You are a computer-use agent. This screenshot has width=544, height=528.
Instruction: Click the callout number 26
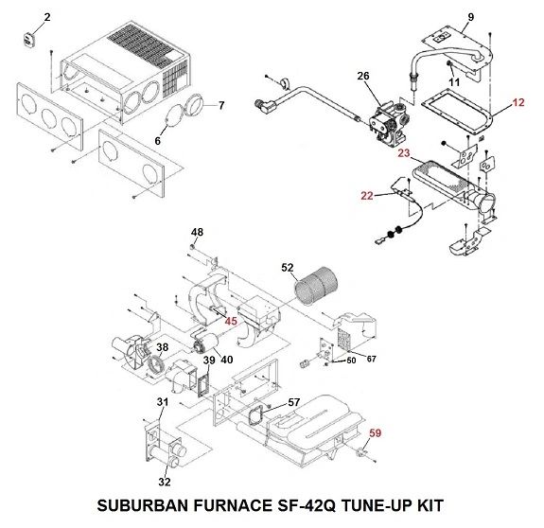pyautogui.click(x=363, y=76)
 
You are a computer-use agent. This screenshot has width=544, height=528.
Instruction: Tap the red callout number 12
pyautogui.click(x=518, y=103)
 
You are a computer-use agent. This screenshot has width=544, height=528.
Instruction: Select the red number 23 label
pyautogui.click(x=404, y=153)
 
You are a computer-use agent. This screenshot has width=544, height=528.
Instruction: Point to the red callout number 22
pyautogui.click(x=367, y=196)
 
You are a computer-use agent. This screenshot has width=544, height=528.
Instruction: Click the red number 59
pyautogui.click(x=376, y=433)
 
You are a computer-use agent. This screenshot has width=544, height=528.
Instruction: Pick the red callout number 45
pyautogui.click(x=231, y=321)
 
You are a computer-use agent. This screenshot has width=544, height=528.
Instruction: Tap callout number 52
pyautogui.click(x=288, y=268)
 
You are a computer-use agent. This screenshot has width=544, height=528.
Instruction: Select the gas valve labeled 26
pyautogui.click(x=388, y=120)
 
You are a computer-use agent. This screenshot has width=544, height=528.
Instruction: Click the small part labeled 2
pyautogui.click(x=28, y=38)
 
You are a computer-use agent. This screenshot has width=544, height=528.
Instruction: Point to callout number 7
pyautogui.click(x=221, y=105)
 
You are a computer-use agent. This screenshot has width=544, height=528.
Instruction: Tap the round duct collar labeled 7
pyautogui.click(x=195, y=104)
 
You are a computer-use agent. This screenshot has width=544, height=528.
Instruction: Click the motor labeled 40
pyautogui.click(x=205, y=343)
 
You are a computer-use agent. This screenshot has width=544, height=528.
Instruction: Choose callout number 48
pyautogui.click(x=197, y=232)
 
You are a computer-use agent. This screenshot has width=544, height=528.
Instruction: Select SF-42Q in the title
pyautogui.click(x=307, y=505)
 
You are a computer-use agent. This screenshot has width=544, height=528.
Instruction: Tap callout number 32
pyautogui.click(x=165, y=482)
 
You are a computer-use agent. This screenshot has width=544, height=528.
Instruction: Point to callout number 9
pyautogui.click(x=471, y=17)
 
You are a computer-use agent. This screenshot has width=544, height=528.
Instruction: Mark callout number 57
pyautogui.click(x=294, y=402)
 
